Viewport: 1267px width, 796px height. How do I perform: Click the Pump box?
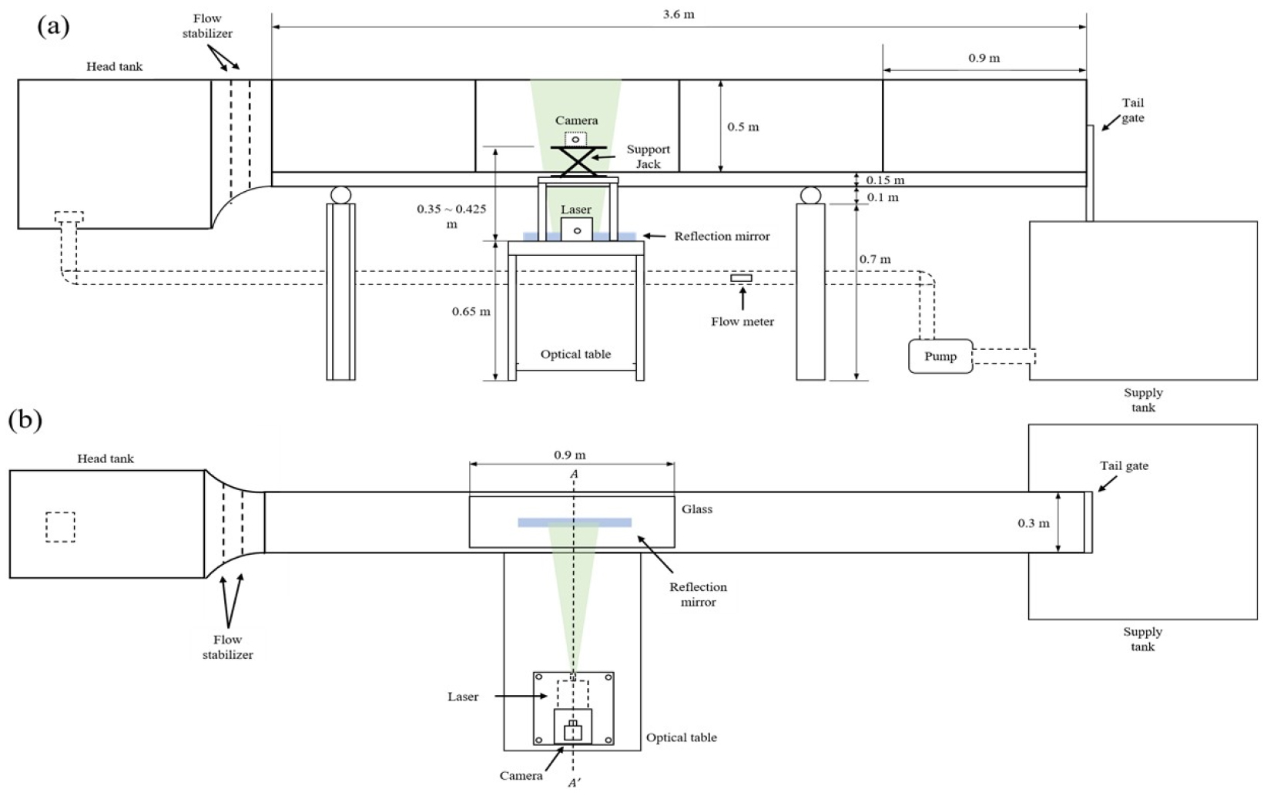pos(940,356)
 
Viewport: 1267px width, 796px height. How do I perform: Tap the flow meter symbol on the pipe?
pos(741,277)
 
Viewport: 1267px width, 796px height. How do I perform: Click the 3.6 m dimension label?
pos(679,14)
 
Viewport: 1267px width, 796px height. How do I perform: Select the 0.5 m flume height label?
pos(743,126)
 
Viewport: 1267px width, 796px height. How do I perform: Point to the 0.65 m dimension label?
pos(471,311)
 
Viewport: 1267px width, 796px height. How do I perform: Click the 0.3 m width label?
pos(1034,523)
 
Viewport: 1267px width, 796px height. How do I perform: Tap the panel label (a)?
pos(53,25)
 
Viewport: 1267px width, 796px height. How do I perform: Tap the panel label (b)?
pos(25,421)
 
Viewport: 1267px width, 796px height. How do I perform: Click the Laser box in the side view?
pos(577,229)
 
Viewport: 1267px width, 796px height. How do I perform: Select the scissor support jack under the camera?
pos(578,162)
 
